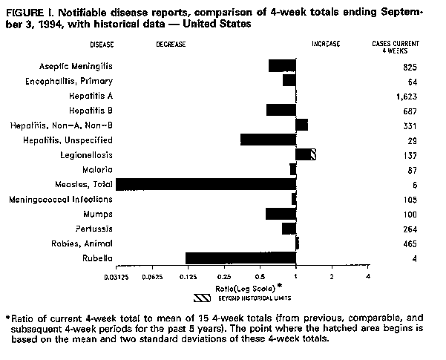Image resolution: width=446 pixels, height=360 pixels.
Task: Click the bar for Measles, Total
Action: pos(206,184)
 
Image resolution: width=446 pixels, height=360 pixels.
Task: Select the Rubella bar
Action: pos(240,258)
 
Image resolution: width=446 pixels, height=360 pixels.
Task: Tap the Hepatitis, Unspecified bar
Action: pos(268,140)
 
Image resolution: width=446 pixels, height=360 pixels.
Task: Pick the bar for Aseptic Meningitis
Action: pos(282,66)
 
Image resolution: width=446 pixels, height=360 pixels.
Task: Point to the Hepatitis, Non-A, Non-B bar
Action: pos(301,125)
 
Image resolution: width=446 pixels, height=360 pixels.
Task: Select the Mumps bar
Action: pos(281,214)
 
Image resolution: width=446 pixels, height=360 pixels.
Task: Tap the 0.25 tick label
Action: pos(224,276)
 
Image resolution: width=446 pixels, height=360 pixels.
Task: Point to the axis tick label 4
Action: pos(368,276)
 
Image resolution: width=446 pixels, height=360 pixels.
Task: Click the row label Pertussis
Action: pos(94,229)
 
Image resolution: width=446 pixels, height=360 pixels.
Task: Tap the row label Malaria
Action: pos(96,170)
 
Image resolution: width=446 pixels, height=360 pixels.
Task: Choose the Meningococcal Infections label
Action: pos(62,199)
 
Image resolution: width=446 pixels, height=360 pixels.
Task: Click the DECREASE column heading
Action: pos(171,45)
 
